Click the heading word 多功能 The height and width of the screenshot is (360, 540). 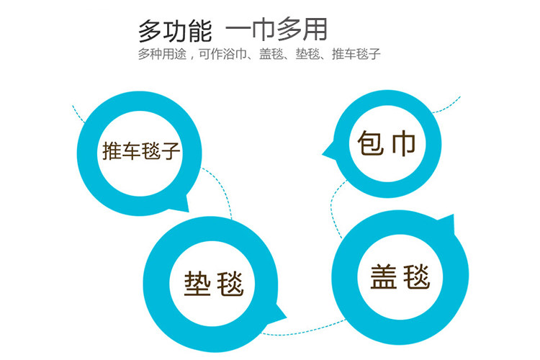click(174, 30)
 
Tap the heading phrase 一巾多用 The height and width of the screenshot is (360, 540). click(277, 30)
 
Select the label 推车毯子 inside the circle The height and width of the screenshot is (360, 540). click(141, 151)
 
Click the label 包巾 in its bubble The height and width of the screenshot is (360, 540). click(387, 143)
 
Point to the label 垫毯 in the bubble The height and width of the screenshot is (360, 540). click(214, 284)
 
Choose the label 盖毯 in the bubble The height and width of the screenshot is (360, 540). click(400, 276)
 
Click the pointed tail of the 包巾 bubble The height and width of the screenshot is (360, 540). click(328, 151)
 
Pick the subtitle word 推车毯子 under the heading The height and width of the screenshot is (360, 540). click(356, 55)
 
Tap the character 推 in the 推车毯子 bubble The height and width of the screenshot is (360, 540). click(112, 151)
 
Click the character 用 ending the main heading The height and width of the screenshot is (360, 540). click(315, 30)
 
